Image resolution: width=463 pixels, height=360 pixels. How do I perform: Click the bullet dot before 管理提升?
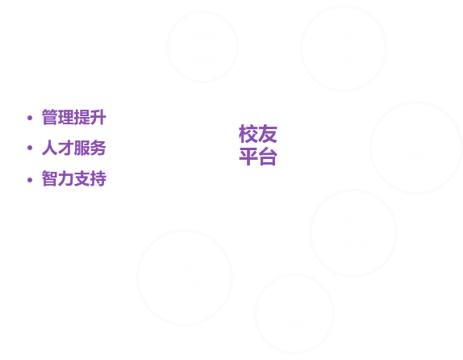click(30, 118)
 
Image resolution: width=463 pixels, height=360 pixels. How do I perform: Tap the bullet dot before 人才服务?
click(30, 148)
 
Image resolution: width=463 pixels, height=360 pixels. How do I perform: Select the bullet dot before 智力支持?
click(30, 180)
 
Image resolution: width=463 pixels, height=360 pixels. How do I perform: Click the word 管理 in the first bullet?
click(58, 117)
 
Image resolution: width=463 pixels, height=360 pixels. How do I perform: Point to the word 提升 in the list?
click(90, 117)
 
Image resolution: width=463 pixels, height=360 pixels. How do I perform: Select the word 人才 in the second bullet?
click(58, 148)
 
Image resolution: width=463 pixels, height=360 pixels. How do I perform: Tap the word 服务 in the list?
click(90, 148)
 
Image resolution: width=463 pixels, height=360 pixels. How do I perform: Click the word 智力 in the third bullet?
click(58, 178)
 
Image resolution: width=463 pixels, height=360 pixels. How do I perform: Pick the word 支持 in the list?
click(90, 178)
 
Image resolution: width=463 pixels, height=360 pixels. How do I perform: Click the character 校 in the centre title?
click(248, 134)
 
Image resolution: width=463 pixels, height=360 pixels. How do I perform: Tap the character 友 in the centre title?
click(268, 134)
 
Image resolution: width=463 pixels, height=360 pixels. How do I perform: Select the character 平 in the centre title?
click(248, 156)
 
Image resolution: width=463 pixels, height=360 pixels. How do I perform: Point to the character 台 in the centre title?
click(268, 156)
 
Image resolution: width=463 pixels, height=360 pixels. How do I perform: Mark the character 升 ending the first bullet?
click(98, 117)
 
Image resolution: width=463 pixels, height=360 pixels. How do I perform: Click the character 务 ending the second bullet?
click(98, 148)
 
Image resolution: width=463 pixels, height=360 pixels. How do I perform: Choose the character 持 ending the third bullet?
click(98, 178)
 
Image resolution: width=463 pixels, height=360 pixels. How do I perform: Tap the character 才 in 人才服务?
click(66, 148)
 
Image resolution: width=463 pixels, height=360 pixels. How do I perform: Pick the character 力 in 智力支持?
click(66, 178)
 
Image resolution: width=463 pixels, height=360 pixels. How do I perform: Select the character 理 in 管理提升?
click(66, 117)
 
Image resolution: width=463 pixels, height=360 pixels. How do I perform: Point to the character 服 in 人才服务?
click(81, 148)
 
